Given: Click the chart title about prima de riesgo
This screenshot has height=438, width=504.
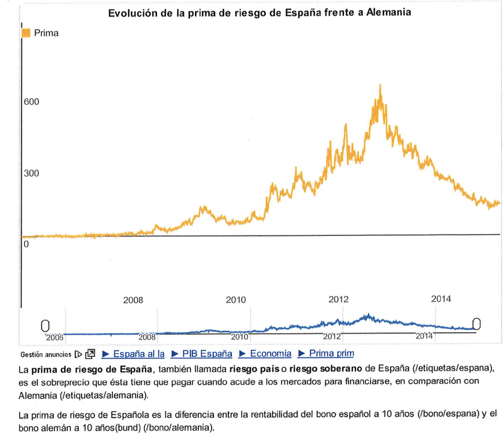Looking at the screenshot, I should (259, 12).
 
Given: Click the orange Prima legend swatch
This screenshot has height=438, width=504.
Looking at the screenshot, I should (25, 33).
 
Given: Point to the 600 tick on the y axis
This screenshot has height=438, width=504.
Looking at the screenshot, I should (32, 102).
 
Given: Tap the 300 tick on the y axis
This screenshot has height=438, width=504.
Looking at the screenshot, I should (32, 173).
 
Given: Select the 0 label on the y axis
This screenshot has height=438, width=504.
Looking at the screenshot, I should (26, 244).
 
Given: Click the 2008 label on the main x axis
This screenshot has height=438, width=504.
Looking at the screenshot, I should (133, 300).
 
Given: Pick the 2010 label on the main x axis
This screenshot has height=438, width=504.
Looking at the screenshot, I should (235, 300).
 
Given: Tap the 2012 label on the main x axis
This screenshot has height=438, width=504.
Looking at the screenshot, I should (338, 299).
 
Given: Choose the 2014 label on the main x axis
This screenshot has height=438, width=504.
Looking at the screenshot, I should (441, 299).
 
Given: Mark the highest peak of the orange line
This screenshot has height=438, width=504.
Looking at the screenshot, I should (380, 85).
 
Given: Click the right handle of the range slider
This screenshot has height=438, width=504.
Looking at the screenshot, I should (476, 324).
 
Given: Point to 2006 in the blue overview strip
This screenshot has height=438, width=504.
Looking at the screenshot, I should (55, 337).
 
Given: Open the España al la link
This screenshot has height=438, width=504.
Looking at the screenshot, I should (133, 354).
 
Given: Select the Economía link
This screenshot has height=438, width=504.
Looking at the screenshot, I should (265, 354).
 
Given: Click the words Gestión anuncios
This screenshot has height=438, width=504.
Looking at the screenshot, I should (46, 355).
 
